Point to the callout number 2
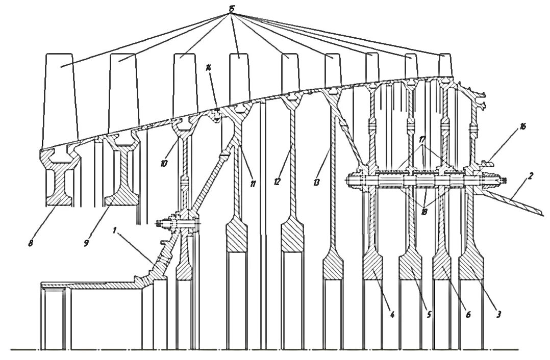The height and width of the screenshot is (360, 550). click(x=531, y=176)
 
